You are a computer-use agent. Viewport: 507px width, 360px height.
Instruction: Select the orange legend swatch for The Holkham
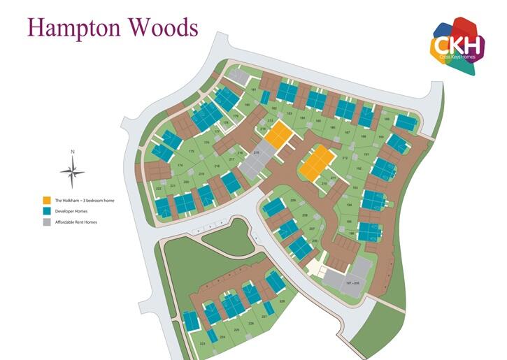46,201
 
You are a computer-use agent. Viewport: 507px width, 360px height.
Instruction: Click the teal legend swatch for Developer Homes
46,211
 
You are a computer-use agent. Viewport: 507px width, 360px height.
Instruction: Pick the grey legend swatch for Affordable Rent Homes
46,222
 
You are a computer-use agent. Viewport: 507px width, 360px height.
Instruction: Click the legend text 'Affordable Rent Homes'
77,222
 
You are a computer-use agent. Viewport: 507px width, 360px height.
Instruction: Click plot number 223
202,344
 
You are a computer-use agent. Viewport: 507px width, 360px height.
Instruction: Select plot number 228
282,301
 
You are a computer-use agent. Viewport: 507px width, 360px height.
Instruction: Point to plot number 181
253,91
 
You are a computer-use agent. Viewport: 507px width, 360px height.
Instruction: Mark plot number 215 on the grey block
256,152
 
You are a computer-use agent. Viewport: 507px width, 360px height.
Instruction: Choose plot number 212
345,158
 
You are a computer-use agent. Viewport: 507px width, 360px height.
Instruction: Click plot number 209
315,240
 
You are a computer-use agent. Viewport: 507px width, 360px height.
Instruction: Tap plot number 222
159,189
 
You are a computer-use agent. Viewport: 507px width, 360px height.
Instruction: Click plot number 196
350,233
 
